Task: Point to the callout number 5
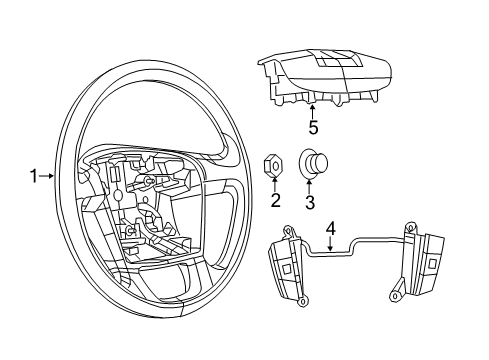[x=313, y=128]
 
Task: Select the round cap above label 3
[x=313, y=163]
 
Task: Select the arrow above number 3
[x=311, y=185]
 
